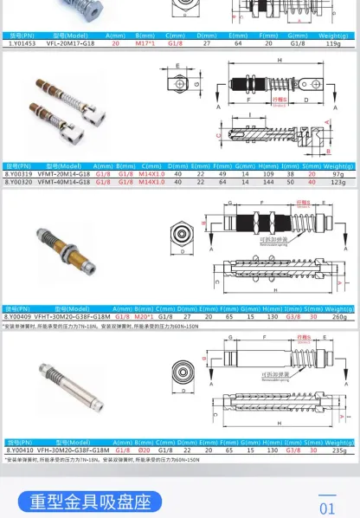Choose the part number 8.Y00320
(x=18, y=182)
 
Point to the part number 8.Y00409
(x=18, y=318)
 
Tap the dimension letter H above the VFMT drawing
(x=280, y=61)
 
